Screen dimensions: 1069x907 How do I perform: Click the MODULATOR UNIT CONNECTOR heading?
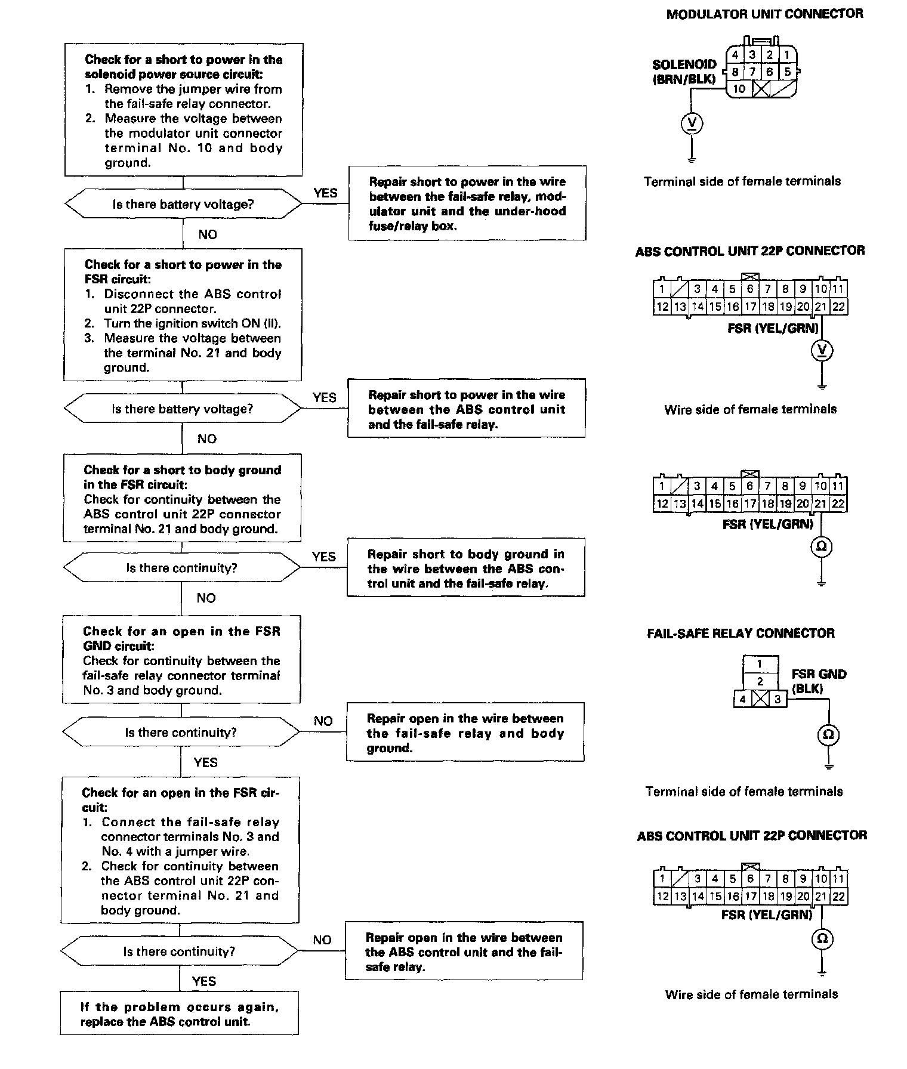pos(764,14)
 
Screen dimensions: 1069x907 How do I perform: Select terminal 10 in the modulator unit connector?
pos(739,89)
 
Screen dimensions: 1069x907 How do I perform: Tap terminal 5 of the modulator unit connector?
pos(787,72)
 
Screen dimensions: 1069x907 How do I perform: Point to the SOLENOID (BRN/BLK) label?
pos(684,71)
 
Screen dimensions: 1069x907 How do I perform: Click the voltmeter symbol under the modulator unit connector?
pos(692,124)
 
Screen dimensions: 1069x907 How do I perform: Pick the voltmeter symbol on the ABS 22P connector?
pos(822,351)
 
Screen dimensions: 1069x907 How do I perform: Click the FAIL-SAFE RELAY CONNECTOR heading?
pos(741,634)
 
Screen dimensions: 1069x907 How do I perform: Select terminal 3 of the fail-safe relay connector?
pos(777,699)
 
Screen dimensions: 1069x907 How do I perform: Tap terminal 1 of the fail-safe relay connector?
pos(760,664)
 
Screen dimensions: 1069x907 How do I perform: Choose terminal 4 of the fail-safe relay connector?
pos(742,699)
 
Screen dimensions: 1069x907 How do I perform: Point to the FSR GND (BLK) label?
pos(818,681)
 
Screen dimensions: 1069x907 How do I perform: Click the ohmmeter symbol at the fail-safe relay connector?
pos(828,735)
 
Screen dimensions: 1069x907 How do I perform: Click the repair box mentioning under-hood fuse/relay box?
pos(467,203)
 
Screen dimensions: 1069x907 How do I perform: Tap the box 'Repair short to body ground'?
pos(465,568)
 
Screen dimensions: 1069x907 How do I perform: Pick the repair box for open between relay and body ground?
pos(465,733)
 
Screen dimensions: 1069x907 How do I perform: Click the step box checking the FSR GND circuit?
pos(181,660)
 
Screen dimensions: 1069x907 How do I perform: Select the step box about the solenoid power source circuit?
pos(183,110)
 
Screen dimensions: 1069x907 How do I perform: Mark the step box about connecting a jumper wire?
pos(180,851)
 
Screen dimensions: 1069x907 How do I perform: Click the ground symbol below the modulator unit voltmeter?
pos(692,159)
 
